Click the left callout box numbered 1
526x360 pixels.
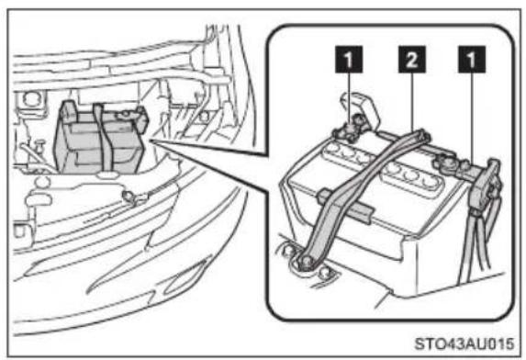coord(349,60)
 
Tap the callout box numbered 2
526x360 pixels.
coord(412,60)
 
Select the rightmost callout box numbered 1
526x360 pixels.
coord(472,60)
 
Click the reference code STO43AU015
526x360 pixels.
coord(464,343)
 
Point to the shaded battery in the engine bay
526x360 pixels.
coord(101,139)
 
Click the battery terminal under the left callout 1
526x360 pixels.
coord(350,130)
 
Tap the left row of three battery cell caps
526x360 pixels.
coord(346,153)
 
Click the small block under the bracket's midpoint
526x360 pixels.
coord(345,207)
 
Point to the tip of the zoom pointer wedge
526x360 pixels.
coord(151,140)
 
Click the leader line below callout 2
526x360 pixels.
coord(412,102)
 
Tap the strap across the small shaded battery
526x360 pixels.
coord(103,141)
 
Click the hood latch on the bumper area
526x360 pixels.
coord(133,197)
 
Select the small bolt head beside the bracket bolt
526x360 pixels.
coord(324,273)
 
